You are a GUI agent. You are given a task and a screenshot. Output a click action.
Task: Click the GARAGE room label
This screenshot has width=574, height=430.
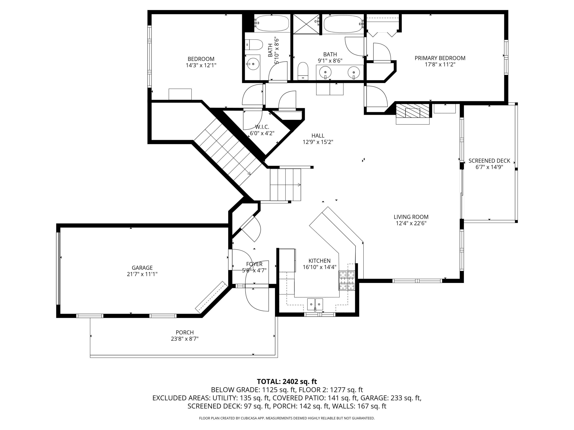142,268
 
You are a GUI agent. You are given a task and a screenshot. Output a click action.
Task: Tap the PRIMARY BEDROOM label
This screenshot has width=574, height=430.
440,58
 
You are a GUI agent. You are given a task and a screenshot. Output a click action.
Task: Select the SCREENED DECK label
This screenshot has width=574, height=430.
489,161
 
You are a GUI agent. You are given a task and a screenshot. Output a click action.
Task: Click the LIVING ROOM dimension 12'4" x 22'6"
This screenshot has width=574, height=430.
411,223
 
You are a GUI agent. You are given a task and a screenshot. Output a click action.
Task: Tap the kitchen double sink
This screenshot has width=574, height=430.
315,304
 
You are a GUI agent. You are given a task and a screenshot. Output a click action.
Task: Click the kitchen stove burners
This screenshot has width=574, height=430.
347,280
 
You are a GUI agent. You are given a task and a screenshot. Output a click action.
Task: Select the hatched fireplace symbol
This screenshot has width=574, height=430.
413,110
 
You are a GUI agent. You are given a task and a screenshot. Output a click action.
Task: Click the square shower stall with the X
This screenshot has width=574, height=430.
306,24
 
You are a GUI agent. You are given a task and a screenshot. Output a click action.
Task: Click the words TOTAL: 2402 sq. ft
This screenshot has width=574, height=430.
287,381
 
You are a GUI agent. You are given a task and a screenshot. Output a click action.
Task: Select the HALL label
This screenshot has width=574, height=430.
318,135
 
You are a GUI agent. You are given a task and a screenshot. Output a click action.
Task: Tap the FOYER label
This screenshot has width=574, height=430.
254,264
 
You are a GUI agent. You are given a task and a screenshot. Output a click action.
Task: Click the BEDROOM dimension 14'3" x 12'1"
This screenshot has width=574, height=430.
201,65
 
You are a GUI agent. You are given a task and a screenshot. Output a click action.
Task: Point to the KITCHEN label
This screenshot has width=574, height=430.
320,261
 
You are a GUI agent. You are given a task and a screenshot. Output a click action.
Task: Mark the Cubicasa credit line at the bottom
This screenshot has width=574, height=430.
287,418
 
